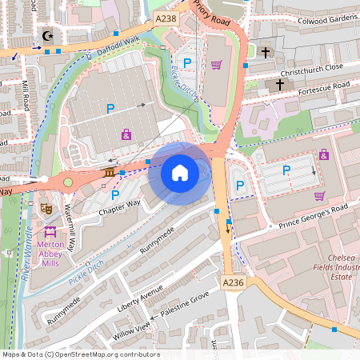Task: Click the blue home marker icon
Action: pyautogui.click(x=180, y=172)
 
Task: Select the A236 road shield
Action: pyautogui.click(x=232, y=282)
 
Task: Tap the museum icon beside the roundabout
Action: pyautogui.click(x=109, y=173)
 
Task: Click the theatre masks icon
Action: pyautogui.click(x=46, y=208)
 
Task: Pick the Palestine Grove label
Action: pyautogui.click(x=185, y=305)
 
